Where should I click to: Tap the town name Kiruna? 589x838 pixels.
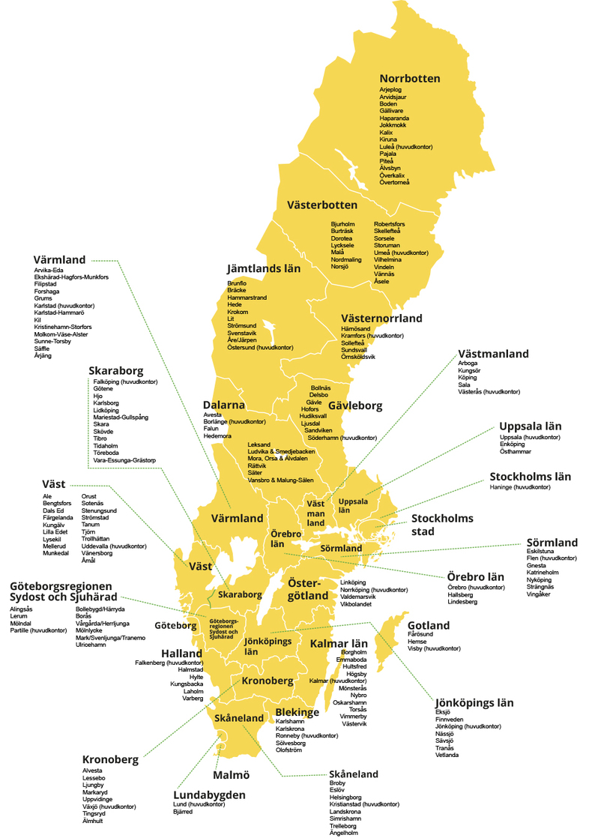[x=388, y=139]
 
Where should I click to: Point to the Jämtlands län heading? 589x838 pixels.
[x=264, y=268]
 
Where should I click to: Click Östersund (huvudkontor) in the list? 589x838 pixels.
[x=260, y=347]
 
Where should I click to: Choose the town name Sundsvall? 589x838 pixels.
[x=354, y=349]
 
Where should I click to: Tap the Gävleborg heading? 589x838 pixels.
[x=355, y=406]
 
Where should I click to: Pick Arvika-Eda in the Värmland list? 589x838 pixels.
[x=49, y=271]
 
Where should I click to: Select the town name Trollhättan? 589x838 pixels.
[x=97, y=539]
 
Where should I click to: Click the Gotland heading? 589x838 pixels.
[x=429, y=625]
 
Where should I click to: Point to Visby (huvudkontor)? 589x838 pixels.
[x=434, y=648]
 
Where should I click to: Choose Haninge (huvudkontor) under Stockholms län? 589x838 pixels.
[x=520, y=487]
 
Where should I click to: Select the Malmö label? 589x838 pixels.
[x=231, y=774]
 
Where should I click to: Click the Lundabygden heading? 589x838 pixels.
[x=209, y=795]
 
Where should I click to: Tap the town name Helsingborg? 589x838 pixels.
[x=345, y=797]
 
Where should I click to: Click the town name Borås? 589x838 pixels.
[x=84, y=615]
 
